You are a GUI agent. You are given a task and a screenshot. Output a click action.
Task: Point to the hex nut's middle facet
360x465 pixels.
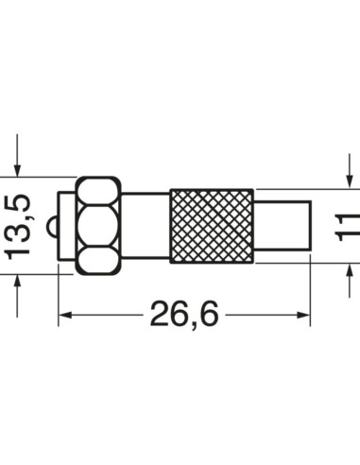coord(97,226)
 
